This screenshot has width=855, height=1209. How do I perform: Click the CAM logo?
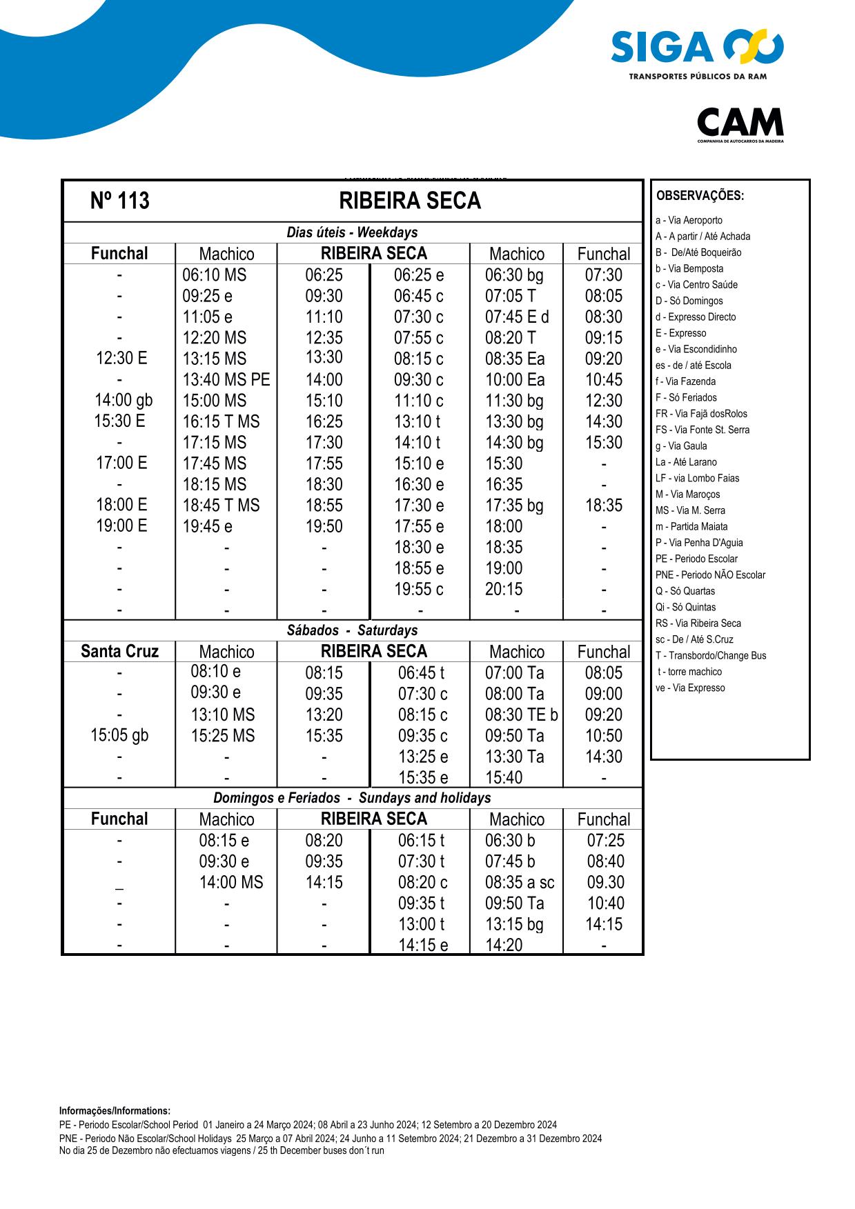click(x=740, y=124)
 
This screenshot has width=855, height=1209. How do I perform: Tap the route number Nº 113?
click(x=119, y=201)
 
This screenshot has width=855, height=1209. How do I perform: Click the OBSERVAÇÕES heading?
click(x=700, y=196)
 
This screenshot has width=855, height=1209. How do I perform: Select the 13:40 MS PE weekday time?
click(x=226, y=380)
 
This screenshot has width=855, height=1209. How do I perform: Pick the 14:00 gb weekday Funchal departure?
click(x=123, y=401)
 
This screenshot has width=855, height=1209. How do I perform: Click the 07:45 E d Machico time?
click(x=517, y=317)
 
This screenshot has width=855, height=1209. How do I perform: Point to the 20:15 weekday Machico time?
click(x=504, y=589)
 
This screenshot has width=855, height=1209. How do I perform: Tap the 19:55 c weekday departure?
click(x=419, y=589)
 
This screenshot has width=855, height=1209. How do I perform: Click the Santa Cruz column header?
click(x=119, y=652)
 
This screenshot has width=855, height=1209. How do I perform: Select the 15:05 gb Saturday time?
click(x=119, y=735)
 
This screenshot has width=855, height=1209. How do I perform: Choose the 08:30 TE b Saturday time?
click(x=521, y=715)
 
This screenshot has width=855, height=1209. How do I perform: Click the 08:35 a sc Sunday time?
click(x=519, y=883)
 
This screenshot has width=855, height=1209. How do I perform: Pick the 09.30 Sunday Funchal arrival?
click(x=605, y=883)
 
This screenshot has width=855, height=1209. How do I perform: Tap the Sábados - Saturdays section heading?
click(x=352, y=630)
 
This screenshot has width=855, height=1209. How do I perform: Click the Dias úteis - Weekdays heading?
click(x=352, y=232)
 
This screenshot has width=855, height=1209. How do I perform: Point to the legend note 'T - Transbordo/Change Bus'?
click(x=710, y=656)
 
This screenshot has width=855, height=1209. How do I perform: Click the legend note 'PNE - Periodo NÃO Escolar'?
click(x=709, y=575)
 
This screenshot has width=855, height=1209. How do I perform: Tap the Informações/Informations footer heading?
click(x=115, y=1111)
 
